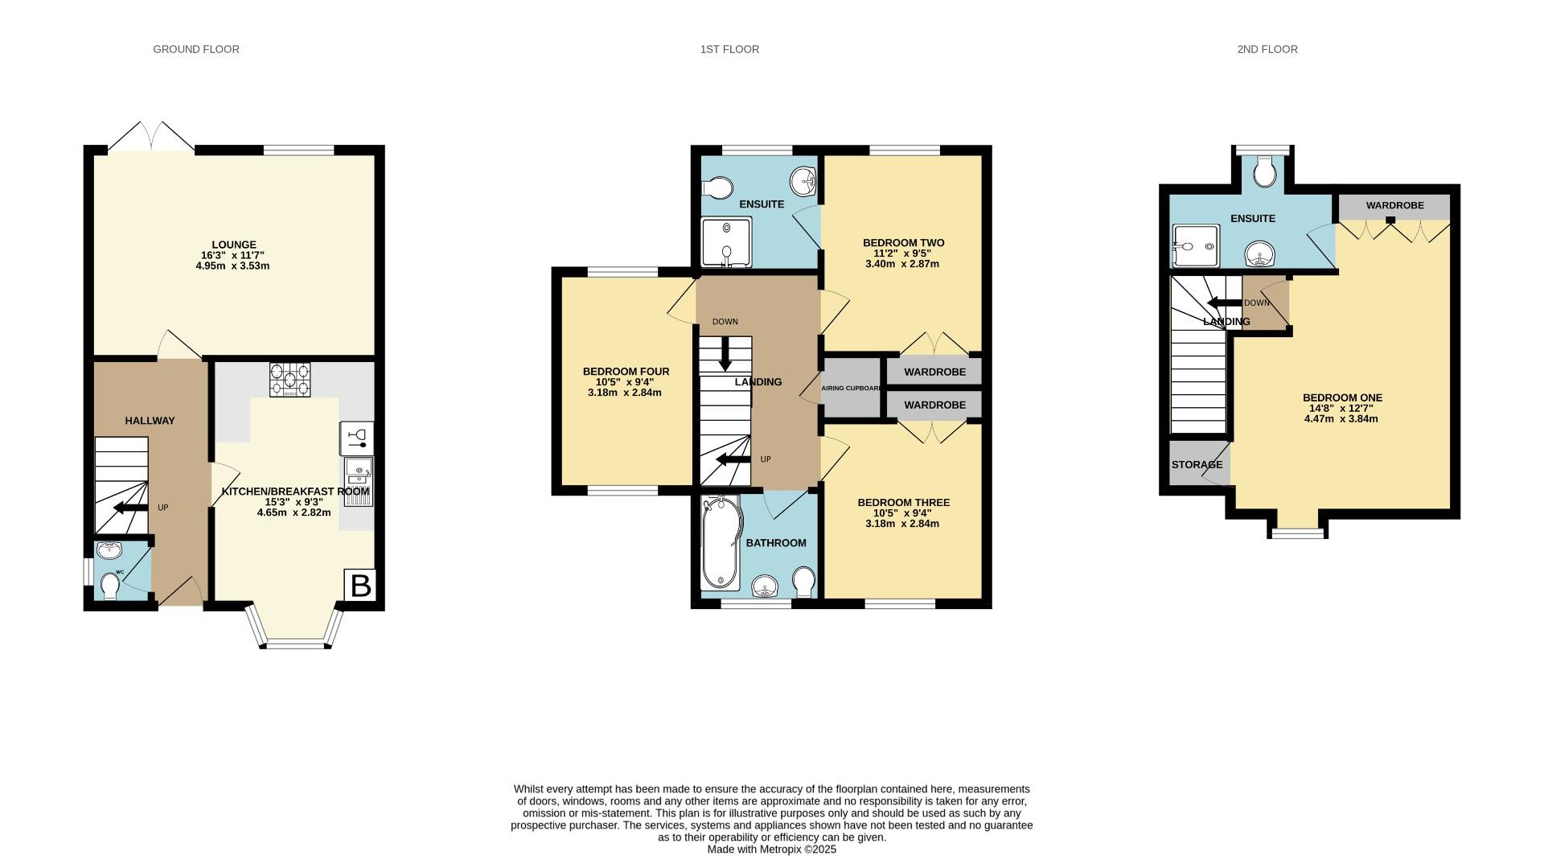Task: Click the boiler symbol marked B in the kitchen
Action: coord(361,585)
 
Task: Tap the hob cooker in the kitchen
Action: coord(289,380)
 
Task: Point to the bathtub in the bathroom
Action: coord(719,544)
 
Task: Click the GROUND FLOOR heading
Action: coord(196,49)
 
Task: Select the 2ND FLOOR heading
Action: coord(1267,49)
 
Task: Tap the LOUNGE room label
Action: coord(234,245)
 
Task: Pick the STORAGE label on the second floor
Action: coord(1197,465)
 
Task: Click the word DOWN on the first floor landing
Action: coord(725,322)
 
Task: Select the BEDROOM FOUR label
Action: coord(626,372)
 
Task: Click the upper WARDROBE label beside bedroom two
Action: coord(934,372)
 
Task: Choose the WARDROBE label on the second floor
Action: coord(1394,206)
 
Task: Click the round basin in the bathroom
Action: coord(766,588)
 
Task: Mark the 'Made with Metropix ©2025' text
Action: coord(771,849)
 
